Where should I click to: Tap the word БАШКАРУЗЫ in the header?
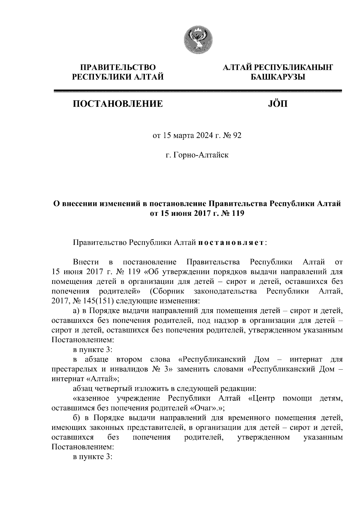pos(278,78)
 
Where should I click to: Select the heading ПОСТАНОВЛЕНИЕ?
pos(118,104)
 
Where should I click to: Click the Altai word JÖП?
pos(277,104)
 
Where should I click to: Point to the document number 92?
pos(237,136)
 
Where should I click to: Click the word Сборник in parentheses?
pos(169,291)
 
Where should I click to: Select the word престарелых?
pos(71,369)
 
